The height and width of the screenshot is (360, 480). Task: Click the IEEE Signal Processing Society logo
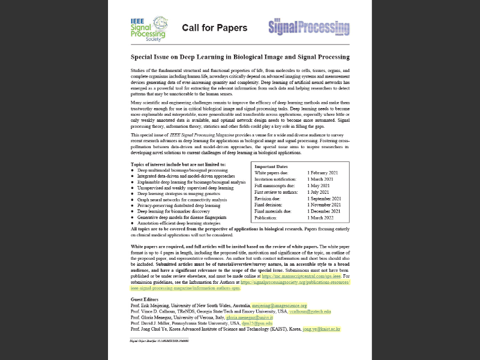pyautogui.click(x=149, y=28)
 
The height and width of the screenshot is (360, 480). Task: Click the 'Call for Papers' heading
pyautogui.click(x=214, y=28)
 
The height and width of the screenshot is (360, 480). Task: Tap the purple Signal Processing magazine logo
pyautogui.click(x=308, y=28)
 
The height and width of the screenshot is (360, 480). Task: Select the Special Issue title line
pyautogui.click(x=240, y=57)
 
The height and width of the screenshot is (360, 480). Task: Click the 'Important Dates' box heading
pyautogui.click(x=271, y=166)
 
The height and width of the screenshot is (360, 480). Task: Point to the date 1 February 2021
pyautogui.click(x=322, y=173)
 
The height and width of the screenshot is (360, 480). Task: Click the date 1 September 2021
pyautogui.click(x=323, y=199)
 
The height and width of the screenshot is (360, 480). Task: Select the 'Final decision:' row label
pyautogui.click(x=269, y=205)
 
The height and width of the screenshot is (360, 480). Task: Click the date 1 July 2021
pyautogui.click(x=317, y=192)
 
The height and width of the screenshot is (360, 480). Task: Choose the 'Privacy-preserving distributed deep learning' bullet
pyautogui.click(x=179, y=205)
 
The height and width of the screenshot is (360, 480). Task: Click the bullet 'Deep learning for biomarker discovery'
pyautogui.click(x=173, y=211)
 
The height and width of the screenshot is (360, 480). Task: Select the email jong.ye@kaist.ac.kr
pyautogui.click(x=321, y=329)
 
